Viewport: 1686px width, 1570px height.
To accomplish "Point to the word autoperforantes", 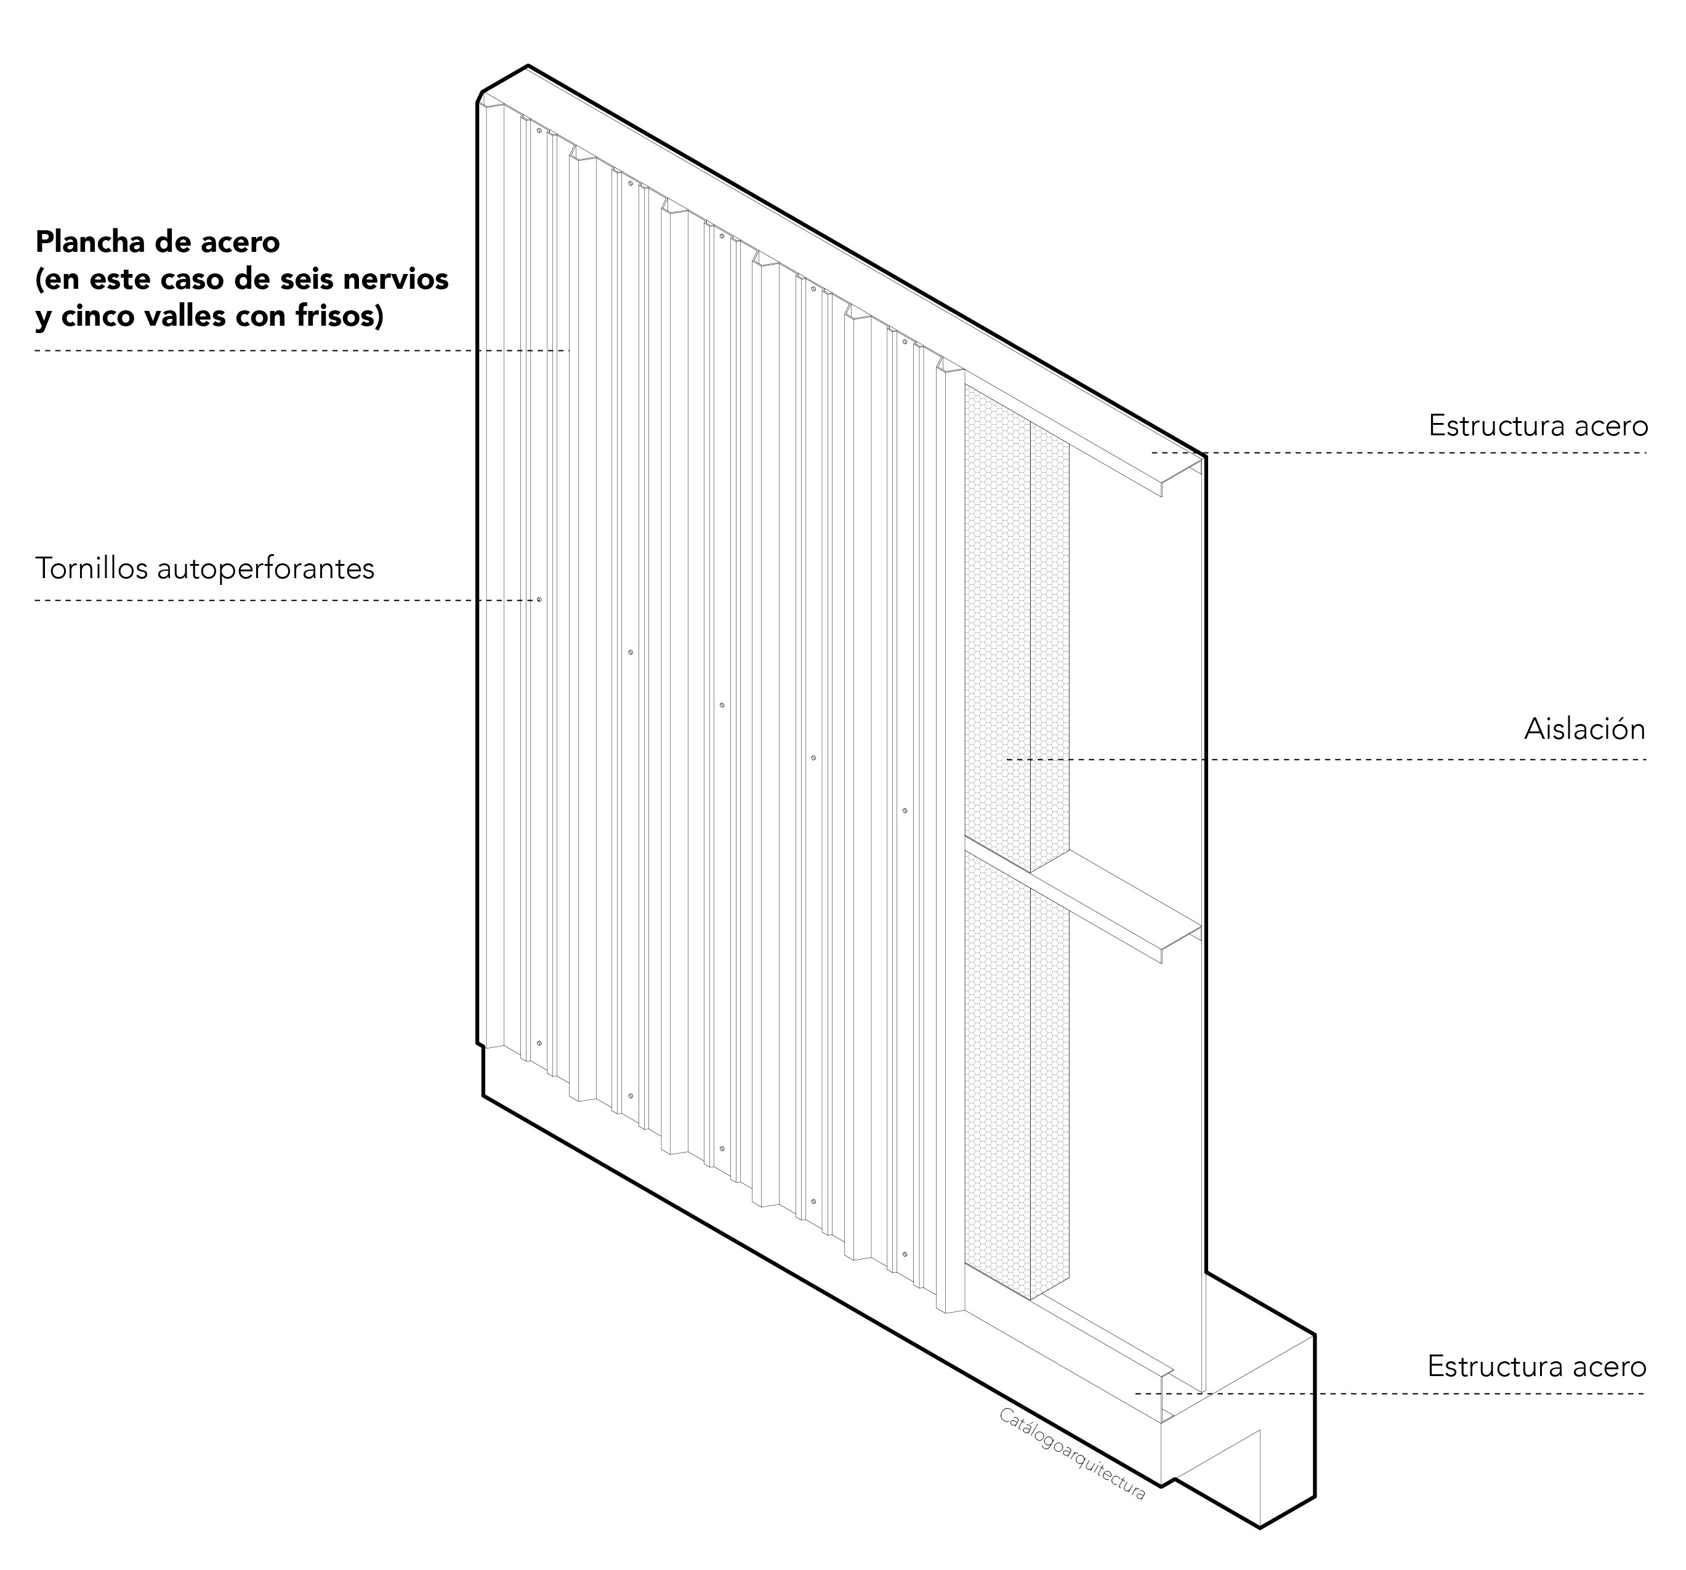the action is pyautogui.click(x=266, y=569).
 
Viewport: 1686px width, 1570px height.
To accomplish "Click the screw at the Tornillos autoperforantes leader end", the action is pyautogui.click(x=539, y=600).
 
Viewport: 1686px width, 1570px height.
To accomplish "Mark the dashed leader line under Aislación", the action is pyautogui.click(x=1326, y=759).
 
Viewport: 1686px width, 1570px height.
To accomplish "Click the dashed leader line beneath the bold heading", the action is pyautogui.click(x=302, y=350).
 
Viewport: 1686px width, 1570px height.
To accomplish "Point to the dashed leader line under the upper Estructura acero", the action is pyautogui.click(x=1399, y=453).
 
